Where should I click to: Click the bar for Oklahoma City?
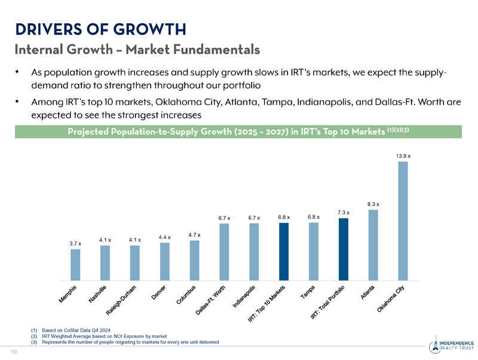point(403,221)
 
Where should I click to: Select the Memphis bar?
point(75,264)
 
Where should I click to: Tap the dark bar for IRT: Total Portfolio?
point(343,249)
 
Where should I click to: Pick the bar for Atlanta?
point(373,245)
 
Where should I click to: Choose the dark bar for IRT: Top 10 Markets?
point(284,251)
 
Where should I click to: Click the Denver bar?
point(165,261)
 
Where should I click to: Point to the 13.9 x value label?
point(403,155)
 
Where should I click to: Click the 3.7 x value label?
point(75,243)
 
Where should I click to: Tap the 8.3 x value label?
point(373,204)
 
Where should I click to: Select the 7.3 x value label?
point(344,212)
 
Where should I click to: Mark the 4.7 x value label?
point(195,235)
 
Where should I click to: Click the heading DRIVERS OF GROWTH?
point(100,28)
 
